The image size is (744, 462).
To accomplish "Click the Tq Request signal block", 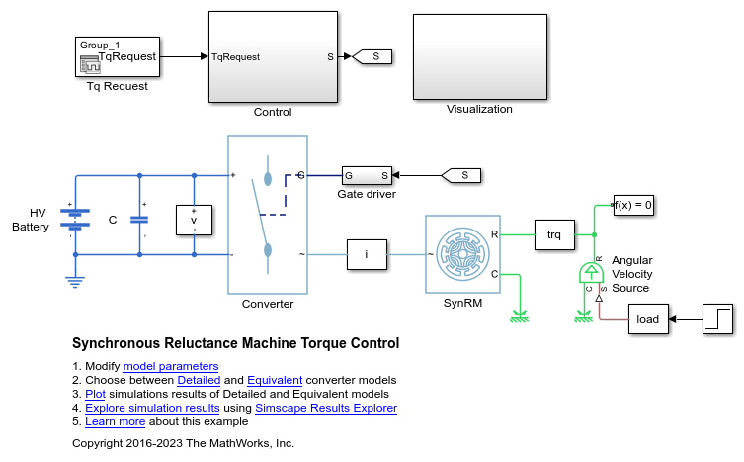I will [117, 57].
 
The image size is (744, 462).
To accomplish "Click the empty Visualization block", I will [479, 56].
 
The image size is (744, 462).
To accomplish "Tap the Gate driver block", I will [366, 176].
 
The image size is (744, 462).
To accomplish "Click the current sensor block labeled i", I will [367, 254].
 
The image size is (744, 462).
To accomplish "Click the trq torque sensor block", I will [554, 235].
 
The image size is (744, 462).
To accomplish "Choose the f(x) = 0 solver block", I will [633, 206].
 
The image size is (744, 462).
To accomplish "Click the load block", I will [648, 319].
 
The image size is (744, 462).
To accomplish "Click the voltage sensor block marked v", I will [194, 221].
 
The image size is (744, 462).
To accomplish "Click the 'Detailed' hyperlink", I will [200, 380].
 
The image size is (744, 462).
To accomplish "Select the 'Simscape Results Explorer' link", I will [344, 408].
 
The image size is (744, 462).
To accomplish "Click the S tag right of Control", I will [373, 57].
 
